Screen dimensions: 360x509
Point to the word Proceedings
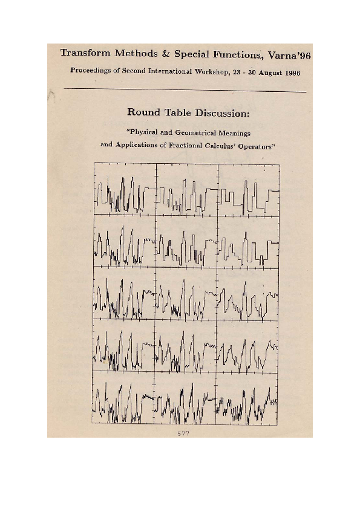93,70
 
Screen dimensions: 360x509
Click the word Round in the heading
143,112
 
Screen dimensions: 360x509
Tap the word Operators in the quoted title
253,145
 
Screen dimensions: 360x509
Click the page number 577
183,433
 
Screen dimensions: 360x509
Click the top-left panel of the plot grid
124,190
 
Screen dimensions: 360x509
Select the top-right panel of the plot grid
248,190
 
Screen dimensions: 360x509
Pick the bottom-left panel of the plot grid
124,398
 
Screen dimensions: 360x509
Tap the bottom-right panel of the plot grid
248,398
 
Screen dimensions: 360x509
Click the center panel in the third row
186,294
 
